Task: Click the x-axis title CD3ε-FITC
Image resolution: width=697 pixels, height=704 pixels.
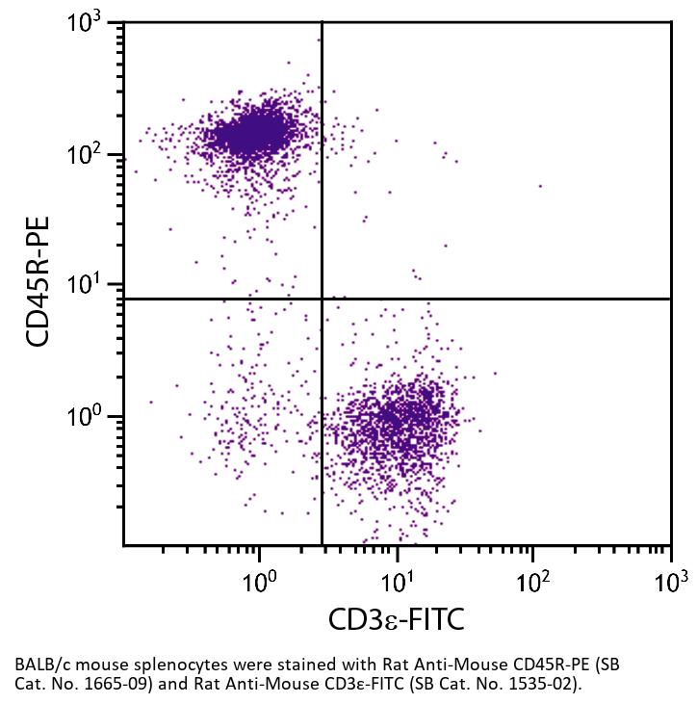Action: click(397, 618)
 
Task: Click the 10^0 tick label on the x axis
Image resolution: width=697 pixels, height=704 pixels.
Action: click(259, 581)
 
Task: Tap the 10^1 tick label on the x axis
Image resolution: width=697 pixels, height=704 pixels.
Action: click(396, 581)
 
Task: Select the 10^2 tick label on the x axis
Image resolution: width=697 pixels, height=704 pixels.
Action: click(532, 581)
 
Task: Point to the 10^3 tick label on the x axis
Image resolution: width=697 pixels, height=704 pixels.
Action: click(670, 581)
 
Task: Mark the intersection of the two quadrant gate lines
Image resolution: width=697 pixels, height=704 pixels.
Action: click(322, 299)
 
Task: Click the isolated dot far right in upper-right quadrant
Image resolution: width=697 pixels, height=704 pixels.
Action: click(540, 186)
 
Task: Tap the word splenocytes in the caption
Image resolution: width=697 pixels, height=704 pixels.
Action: click(152, 665)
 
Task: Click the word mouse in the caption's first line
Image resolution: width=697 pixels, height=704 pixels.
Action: click(88, 665)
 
